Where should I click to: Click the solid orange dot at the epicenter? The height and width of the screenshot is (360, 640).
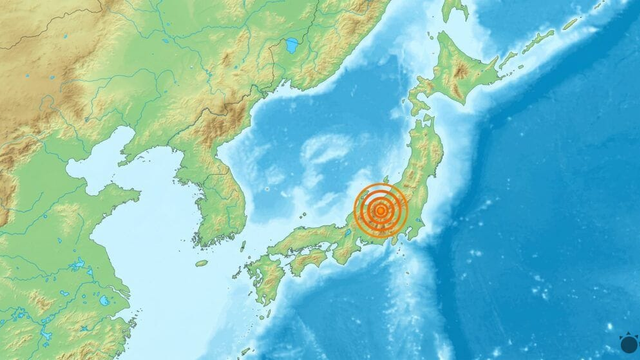coord(380,210)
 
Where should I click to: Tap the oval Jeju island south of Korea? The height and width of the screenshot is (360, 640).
coord(201,263)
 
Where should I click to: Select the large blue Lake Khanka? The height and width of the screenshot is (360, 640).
coord(292,46)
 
